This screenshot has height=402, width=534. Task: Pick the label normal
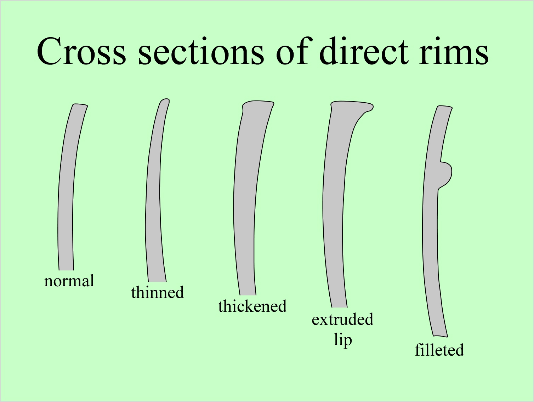coord(69,281)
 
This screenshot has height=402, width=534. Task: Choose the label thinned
coord(157,292)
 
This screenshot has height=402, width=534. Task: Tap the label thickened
coord(252,306)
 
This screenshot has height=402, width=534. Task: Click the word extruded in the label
coord(342,319)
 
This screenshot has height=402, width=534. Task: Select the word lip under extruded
coord(343,339)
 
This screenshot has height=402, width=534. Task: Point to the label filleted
coord(439,350)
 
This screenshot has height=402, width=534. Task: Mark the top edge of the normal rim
coord(80,105)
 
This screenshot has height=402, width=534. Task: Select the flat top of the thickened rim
coord(258,103)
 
